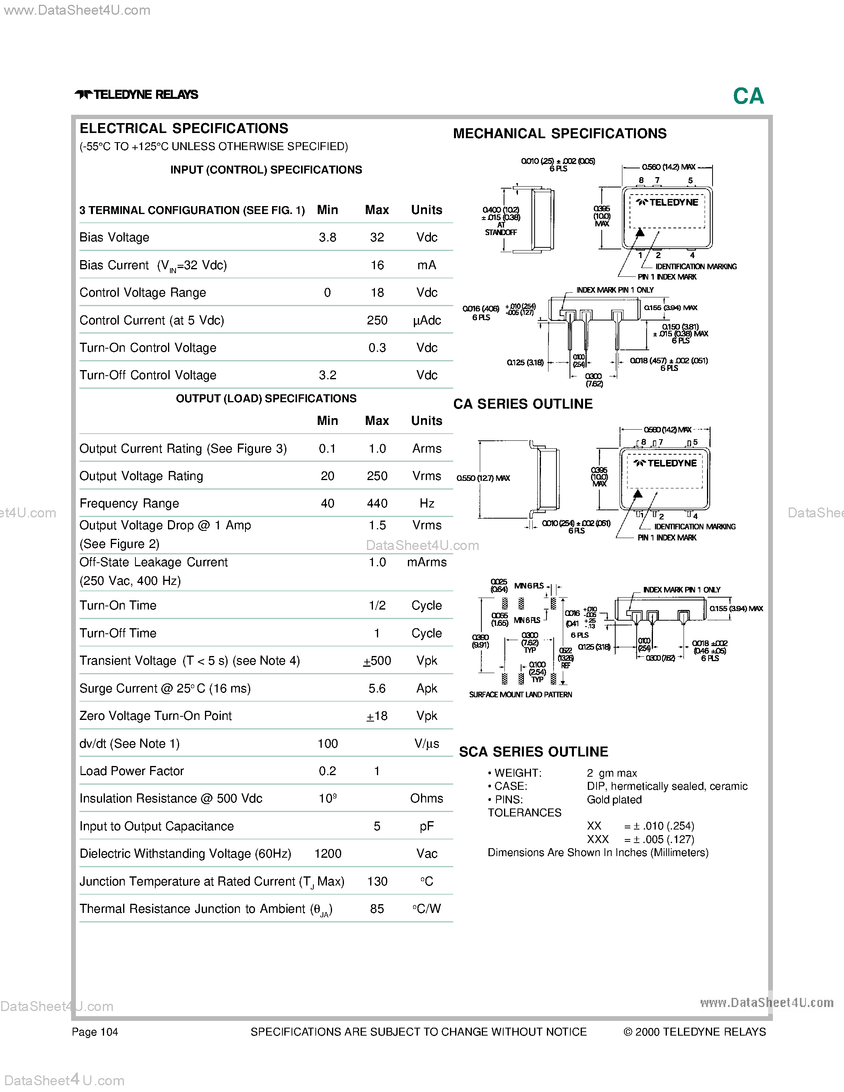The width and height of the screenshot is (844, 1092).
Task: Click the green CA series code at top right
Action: point(749,96)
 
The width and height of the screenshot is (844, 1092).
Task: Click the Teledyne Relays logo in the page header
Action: point(137,95)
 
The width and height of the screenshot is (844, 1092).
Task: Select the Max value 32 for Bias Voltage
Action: point(377,237)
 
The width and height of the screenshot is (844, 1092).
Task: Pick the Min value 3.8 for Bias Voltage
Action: point(328,237)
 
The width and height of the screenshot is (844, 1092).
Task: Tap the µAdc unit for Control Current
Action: point(427,320)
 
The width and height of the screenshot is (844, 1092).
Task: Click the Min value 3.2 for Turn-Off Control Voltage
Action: point(328,376)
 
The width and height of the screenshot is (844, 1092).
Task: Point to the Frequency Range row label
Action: point(129,504)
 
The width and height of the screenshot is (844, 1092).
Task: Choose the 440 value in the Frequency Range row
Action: point(377,504)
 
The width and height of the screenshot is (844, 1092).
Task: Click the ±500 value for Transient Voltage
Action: point(377,661)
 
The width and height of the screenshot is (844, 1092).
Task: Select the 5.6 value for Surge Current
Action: point(377,689)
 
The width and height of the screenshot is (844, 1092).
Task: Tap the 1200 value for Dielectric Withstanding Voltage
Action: point(328,854)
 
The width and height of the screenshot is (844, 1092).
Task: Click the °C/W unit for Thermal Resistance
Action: point(427,909)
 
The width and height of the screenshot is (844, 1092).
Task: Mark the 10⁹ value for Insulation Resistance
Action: point(328,799)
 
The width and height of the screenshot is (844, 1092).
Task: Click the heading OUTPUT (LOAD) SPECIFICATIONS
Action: point(266,399)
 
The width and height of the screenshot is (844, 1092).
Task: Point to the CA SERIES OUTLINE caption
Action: point(523,404)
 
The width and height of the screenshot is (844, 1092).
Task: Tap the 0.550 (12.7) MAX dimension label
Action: point(483,478)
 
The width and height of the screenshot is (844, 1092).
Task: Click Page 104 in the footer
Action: point(95,1032)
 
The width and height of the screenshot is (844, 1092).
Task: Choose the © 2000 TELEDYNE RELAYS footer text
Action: point(695,1032)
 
